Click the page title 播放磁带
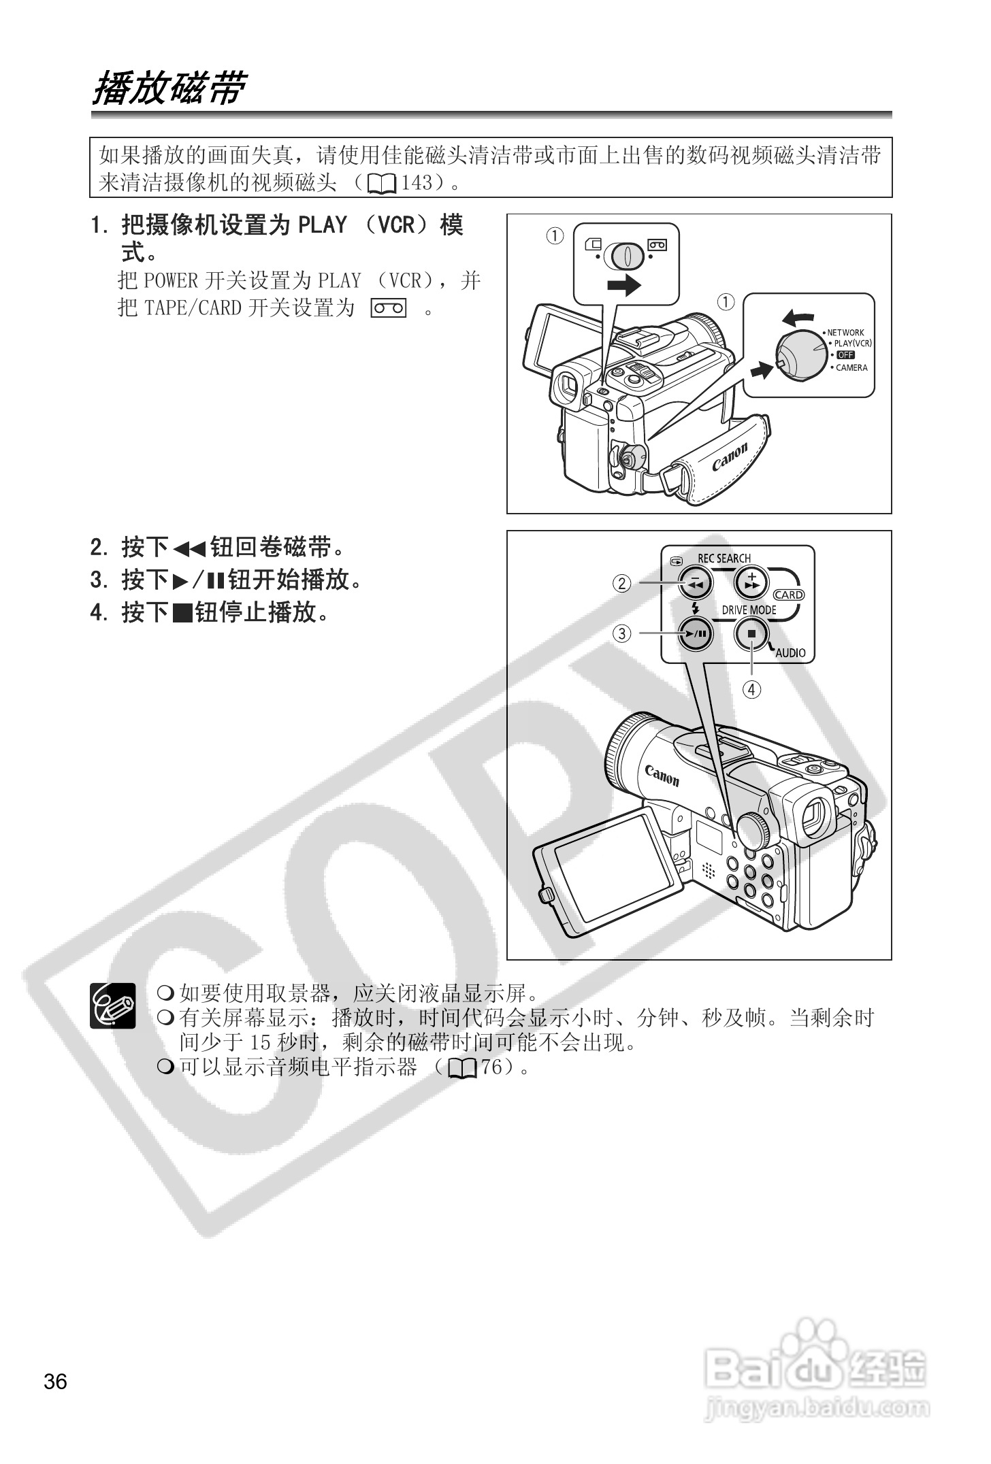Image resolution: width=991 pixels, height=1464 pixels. (167, 89)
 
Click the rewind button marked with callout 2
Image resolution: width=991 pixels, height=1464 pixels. (695, 583)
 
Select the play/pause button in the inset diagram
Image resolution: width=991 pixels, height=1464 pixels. (695, 634)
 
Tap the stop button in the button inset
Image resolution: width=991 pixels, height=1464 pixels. (751, 634)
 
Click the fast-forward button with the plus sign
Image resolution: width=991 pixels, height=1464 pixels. (751, 583)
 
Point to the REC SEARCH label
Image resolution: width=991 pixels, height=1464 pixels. (724, 559)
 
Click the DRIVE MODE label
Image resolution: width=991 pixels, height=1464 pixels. (749, 610)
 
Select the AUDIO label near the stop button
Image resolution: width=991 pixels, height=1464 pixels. (790, 653)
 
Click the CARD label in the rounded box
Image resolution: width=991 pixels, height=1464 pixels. (789, 595)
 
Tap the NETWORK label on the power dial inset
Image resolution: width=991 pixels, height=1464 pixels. (845, 333)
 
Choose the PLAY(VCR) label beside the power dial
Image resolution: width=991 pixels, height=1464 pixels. (853, 344)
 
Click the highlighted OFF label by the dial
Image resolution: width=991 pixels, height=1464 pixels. (845, 355)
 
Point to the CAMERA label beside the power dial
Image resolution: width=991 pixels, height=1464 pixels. (851, 367)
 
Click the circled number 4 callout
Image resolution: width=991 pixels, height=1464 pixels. (751, 689)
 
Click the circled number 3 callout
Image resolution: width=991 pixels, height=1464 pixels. (622, 634)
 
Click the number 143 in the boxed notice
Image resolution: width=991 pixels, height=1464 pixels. (417, 182)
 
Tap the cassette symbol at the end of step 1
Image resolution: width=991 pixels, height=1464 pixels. (389, 308)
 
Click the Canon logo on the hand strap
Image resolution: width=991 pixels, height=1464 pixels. (730, 456)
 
